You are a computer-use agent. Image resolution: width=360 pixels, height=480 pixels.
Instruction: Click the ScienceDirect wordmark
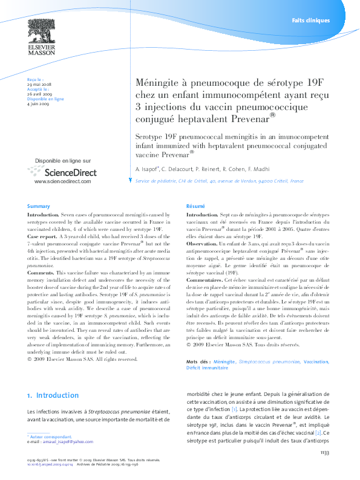point(62,172)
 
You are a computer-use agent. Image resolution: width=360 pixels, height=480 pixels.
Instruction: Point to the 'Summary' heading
point(38,206)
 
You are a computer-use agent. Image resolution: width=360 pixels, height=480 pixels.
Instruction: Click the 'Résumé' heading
point(195,206)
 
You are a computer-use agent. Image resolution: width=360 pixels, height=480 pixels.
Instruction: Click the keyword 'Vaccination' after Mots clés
point(316,362)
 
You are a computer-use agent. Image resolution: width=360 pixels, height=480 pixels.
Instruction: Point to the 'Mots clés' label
point(198,362)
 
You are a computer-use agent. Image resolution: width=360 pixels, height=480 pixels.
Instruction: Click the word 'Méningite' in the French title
point(158,82)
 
